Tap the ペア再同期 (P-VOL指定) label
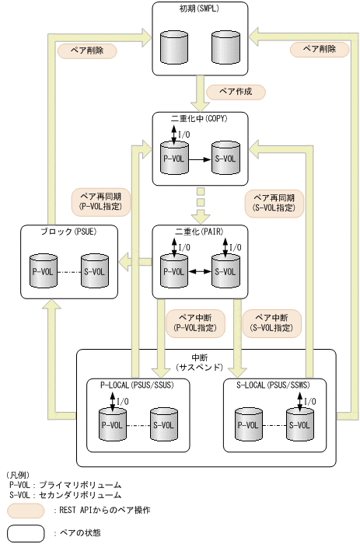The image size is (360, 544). pos(100,203)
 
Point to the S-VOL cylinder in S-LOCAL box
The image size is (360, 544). pos(299,424)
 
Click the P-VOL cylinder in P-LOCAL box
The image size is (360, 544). pos(112,424)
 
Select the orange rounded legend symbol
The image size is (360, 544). pos(25,511)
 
